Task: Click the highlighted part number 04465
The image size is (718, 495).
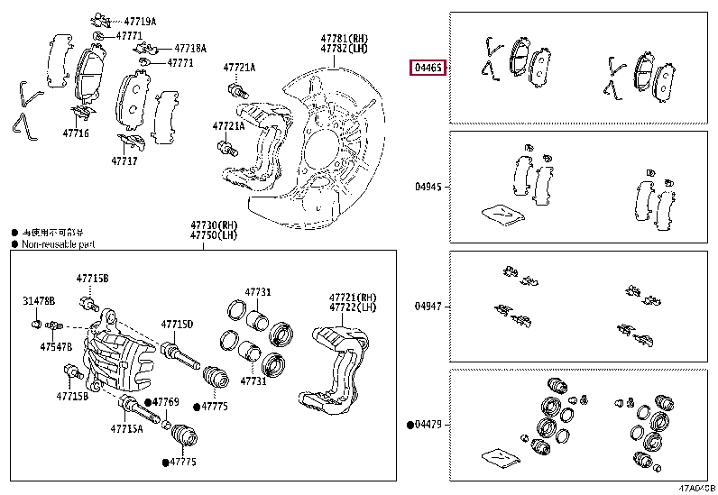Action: [426, 68]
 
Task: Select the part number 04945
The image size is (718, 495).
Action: [428, 188]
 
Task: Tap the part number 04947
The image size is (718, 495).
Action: [428, 307]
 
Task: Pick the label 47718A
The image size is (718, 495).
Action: [190, 49]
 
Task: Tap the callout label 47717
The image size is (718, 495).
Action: [124, 160]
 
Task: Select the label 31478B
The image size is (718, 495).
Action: [39, 300]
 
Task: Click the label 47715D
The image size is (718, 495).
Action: [177, 324]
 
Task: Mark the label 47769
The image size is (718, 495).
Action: [166, 401]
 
